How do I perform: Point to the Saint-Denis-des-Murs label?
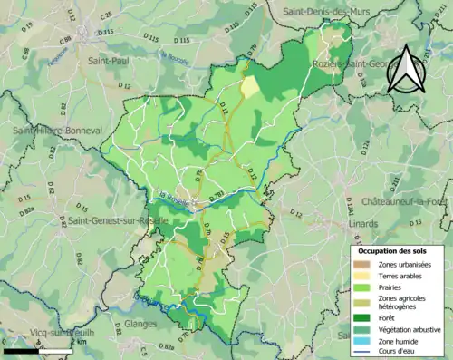pyautogui.click(x=335, y=11)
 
